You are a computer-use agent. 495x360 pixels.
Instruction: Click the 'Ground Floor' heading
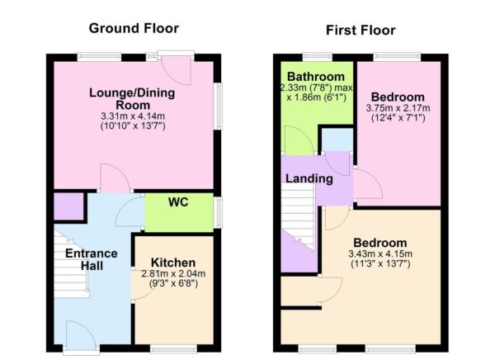(134, 28)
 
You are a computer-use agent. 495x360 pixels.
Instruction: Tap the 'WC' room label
(179, 201)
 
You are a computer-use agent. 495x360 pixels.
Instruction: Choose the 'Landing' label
(309, 178)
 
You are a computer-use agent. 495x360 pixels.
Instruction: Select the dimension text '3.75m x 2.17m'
(398, 107)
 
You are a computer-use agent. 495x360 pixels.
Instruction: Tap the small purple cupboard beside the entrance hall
(67, 206)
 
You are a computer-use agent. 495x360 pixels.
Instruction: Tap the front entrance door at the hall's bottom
(80, 334)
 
